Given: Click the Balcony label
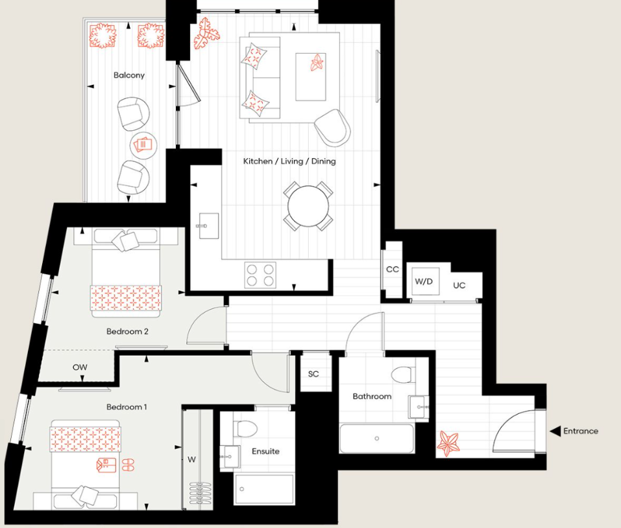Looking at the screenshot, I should [x=128, y=75].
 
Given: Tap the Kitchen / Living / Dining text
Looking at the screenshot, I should [x=289, y=161].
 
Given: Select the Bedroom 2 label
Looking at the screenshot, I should [x=128, y=332].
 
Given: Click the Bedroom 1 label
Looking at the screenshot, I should [x=127, y=407].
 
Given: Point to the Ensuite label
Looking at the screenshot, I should [x=265, y=451].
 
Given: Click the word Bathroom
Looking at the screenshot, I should [x=372, y=396].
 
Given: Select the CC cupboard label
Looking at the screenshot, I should [x=392, y=269].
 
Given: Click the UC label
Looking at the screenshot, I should [x=459, y=285].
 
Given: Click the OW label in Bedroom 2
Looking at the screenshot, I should [x=80, y=367].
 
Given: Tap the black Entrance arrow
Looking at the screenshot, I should [x=555, y=431].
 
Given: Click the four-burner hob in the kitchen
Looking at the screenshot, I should [x=260, y=274].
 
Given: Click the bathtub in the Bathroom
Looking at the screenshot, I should [x=376, y=439].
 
